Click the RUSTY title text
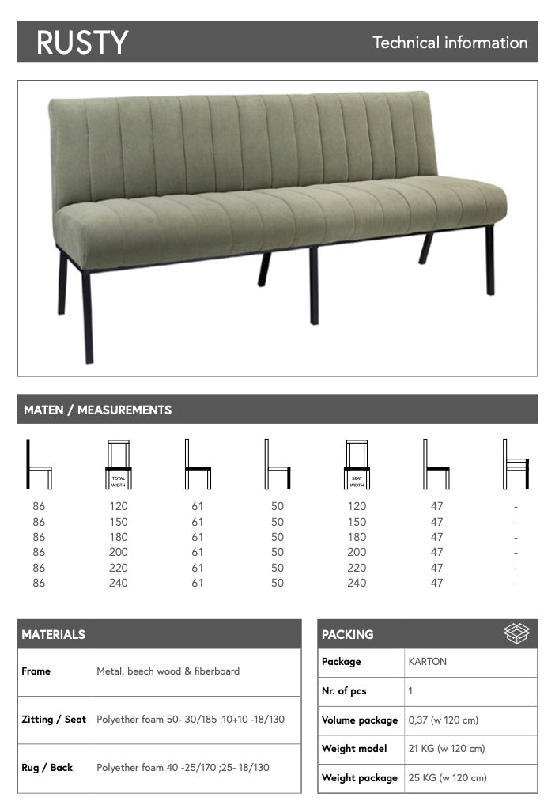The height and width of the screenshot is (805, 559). pyautogui.click(x=81, y=43)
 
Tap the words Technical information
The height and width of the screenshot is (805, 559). pyautogui.click(x=450, y=43)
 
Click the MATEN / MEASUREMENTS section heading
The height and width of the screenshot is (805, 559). pyautogui.click(x=97, y=410)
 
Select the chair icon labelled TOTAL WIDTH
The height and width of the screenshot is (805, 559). pyautogui.click(x=119, y=465)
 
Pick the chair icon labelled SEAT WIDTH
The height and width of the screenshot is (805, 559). pyautogui.click(x=357, y=465)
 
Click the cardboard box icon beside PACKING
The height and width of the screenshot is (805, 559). pyautogui.click(x=516, y=633)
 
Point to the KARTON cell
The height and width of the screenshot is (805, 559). pyautogui.click(x=428, y=662)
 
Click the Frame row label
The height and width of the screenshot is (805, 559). pyautogui.click(x=36, y=671)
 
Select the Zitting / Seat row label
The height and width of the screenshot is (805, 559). pyautogui.click(x=54, y=720)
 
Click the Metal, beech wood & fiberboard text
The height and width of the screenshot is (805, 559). pyautogui.click(x=168, y=671)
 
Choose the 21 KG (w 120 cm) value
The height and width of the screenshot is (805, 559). pyautogui.click(x=447, y=749)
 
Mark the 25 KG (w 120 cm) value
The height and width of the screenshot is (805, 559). pyautogui.click(x=447, y=778)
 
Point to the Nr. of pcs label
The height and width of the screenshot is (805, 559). pyautogui.click(x=344, y=691)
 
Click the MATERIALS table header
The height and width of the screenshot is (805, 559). pyautogui.click(x=54, y=634)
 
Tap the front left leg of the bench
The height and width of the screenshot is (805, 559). pyautogui.click(x=87, y=316)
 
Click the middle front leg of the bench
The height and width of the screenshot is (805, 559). pyautogui.click(x=314, y=286)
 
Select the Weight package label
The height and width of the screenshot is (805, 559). pyautogui.click(x=360, y=778)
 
